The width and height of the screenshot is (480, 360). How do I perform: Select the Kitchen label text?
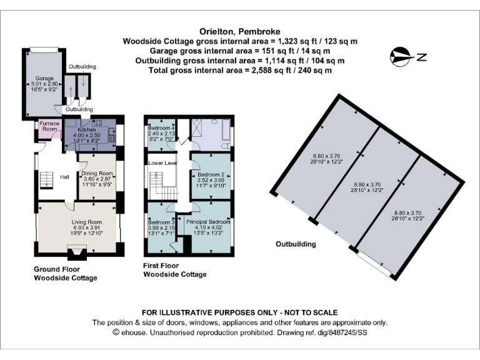tap(86, 129)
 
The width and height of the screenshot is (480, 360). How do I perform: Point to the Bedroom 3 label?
tap(160, 222)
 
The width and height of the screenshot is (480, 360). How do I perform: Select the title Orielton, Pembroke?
tap(239, 31)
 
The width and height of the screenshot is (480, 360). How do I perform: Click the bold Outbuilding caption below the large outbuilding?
tap(296, 244)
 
